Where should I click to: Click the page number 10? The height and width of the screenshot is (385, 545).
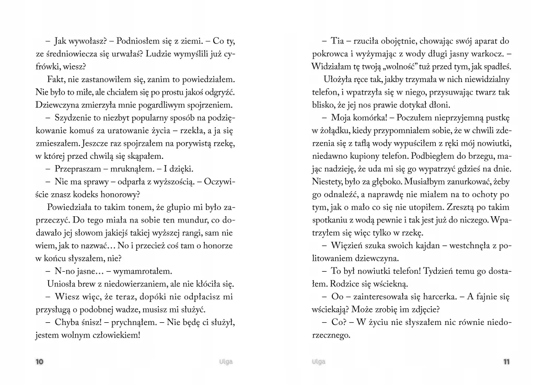pos(39,362)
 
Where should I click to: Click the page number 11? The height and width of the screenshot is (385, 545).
pos(506,362)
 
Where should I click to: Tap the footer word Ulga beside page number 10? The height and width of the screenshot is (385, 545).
pos(226,362)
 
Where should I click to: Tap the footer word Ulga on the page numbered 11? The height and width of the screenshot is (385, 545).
pos(318,362)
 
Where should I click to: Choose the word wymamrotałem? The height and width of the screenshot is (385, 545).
pos(143,271)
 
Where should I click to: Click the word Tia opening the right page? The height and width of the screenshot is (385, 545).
pos(338,41)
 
